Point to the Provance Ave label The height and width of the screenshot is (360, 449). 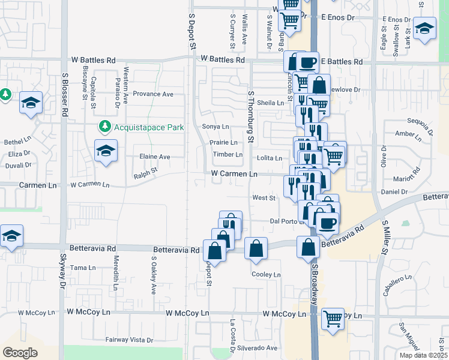click(x=153, y=94)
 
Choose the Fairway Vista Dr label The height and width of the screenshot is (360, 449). click(x=129, y=340)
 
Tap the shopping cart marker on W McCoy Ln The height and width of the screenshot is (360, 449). click(x=333, y=318)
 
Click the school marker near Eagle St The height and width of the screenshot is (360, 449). click(x=424, y=28)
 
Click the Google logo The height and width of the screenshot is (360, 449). click(x=20, y=352)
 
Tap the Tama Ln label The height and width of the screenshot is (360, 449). click(x=79, y=268)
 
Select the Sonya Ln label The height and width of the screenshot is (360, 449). click(x=215, y=127)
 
